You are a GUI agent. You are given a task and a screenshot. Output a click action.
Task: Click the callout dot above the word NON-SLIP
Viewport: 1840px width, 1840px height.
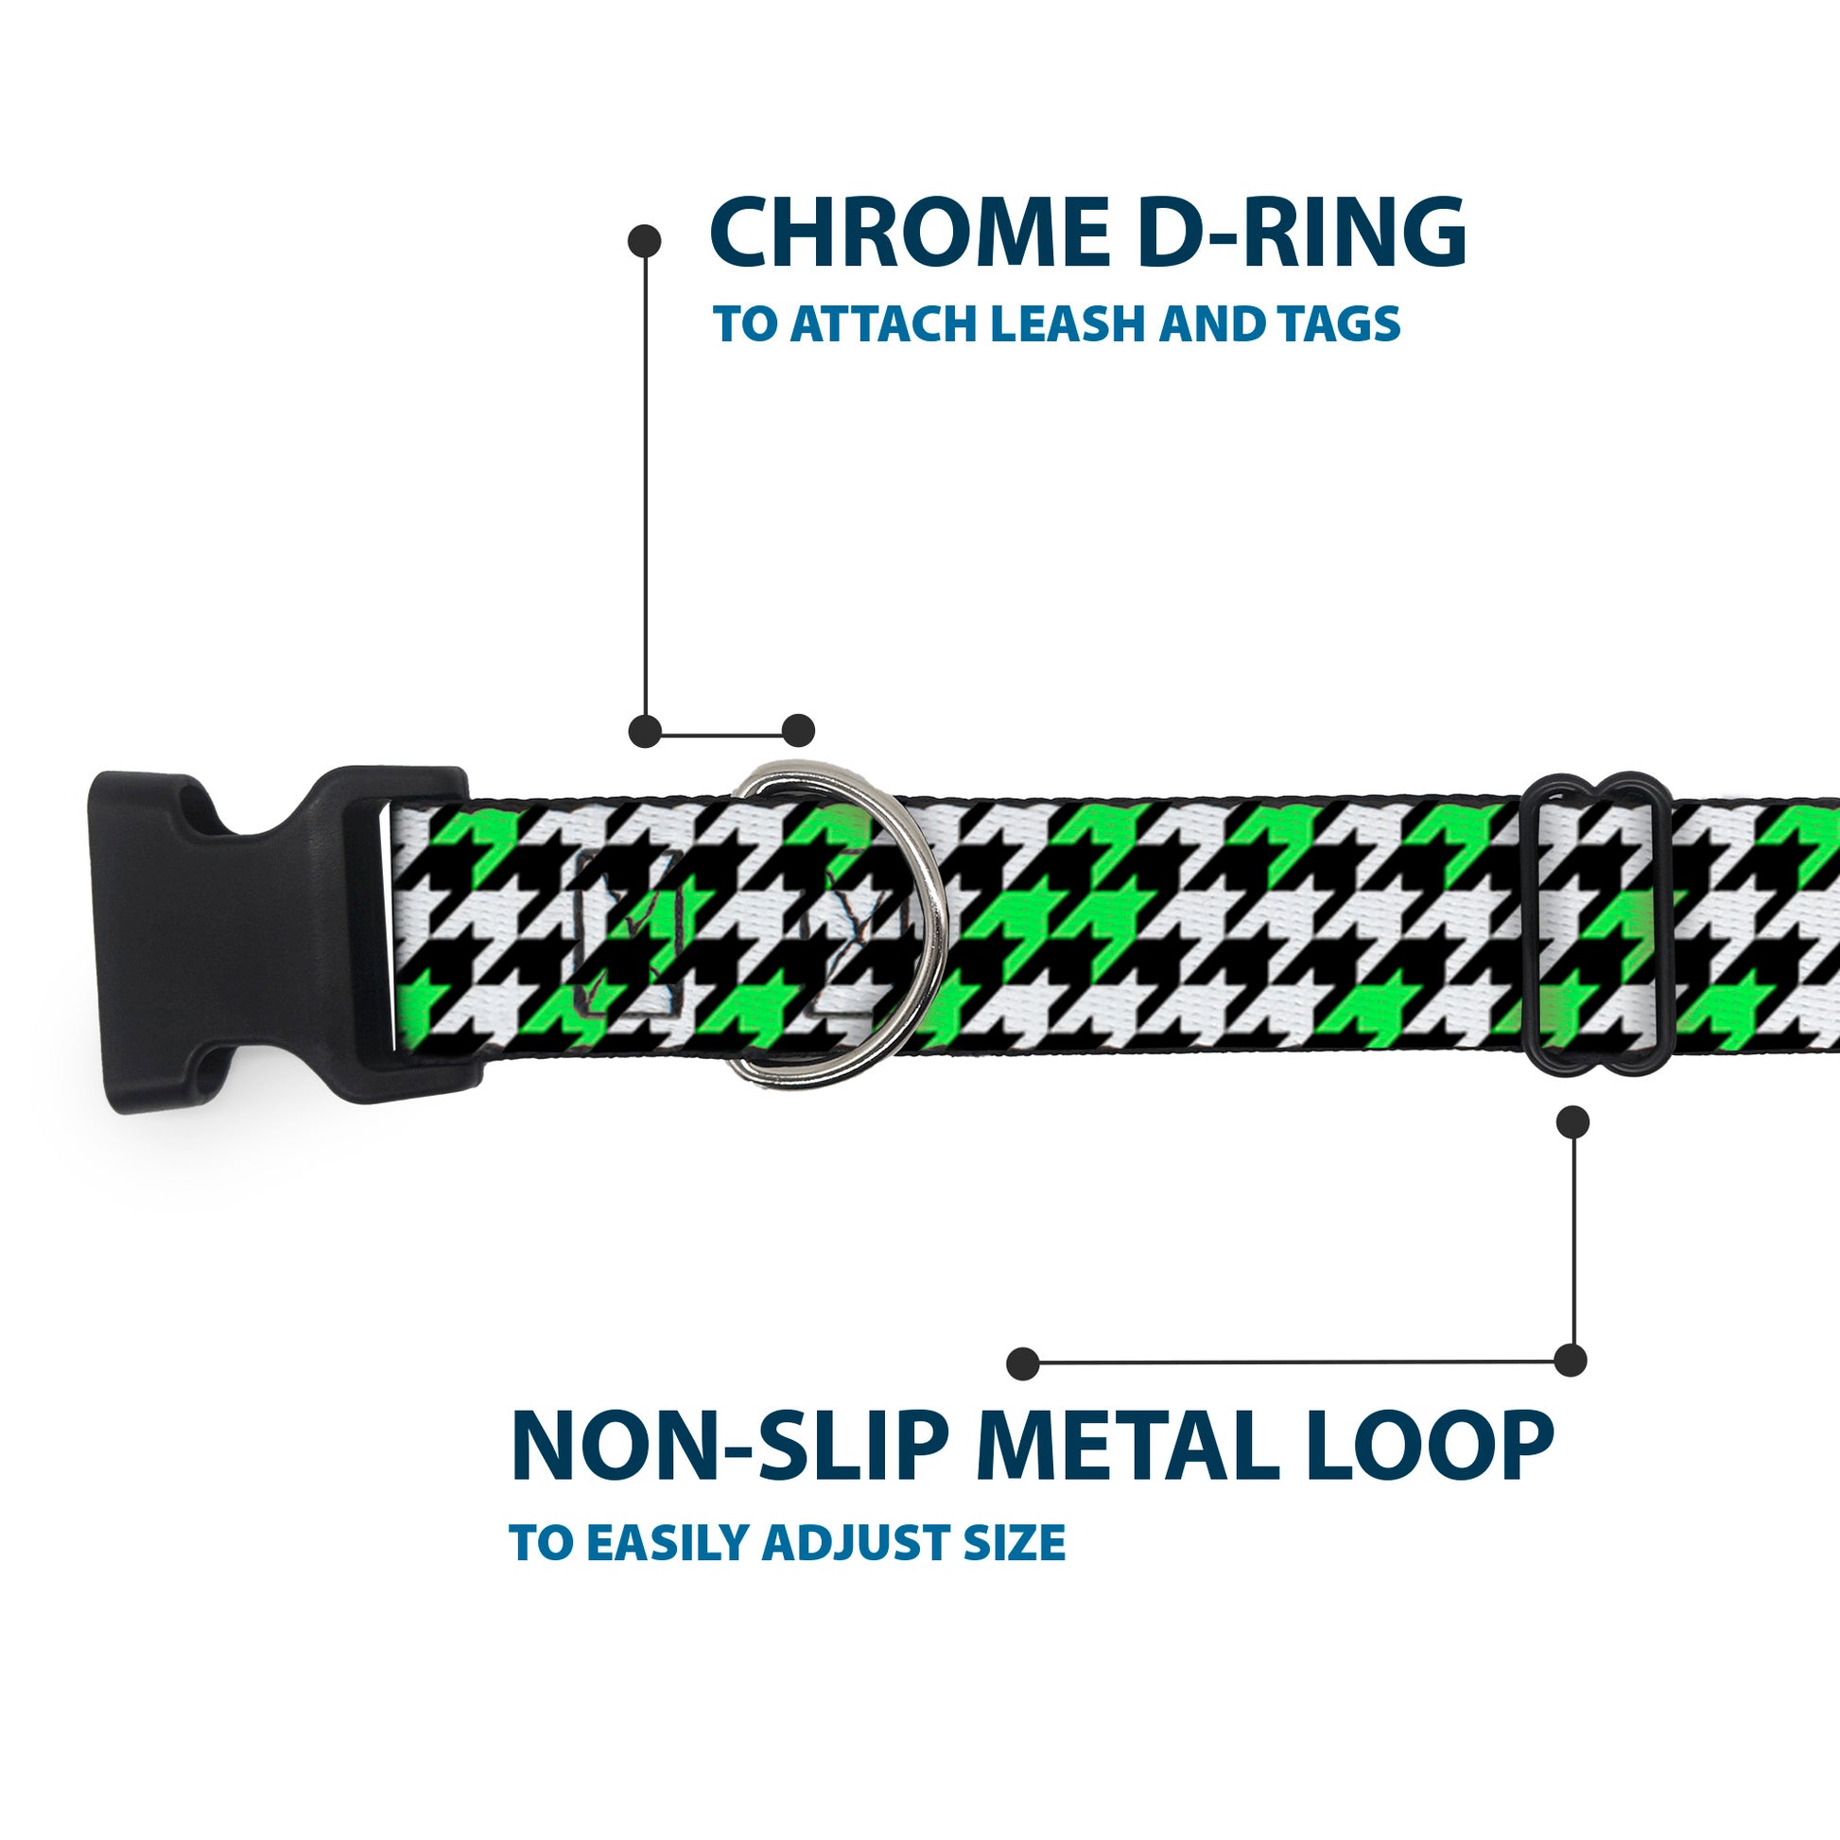pos(1023,1363)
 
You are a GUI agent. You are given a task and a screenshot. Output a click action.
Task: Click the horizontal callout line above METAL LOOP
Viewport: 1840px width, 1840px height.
pos(1295,1363)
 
